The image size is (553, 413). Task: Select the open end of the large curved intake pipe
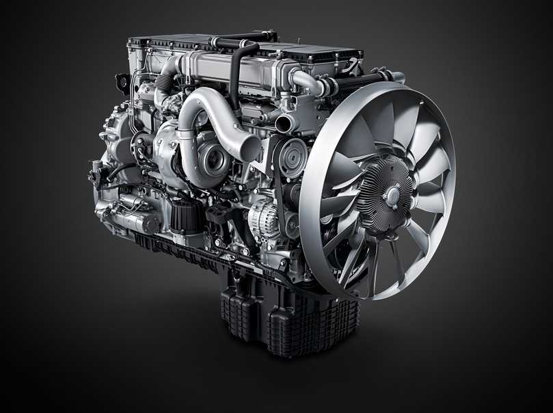pyautogui.click(x=250, y=148)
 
